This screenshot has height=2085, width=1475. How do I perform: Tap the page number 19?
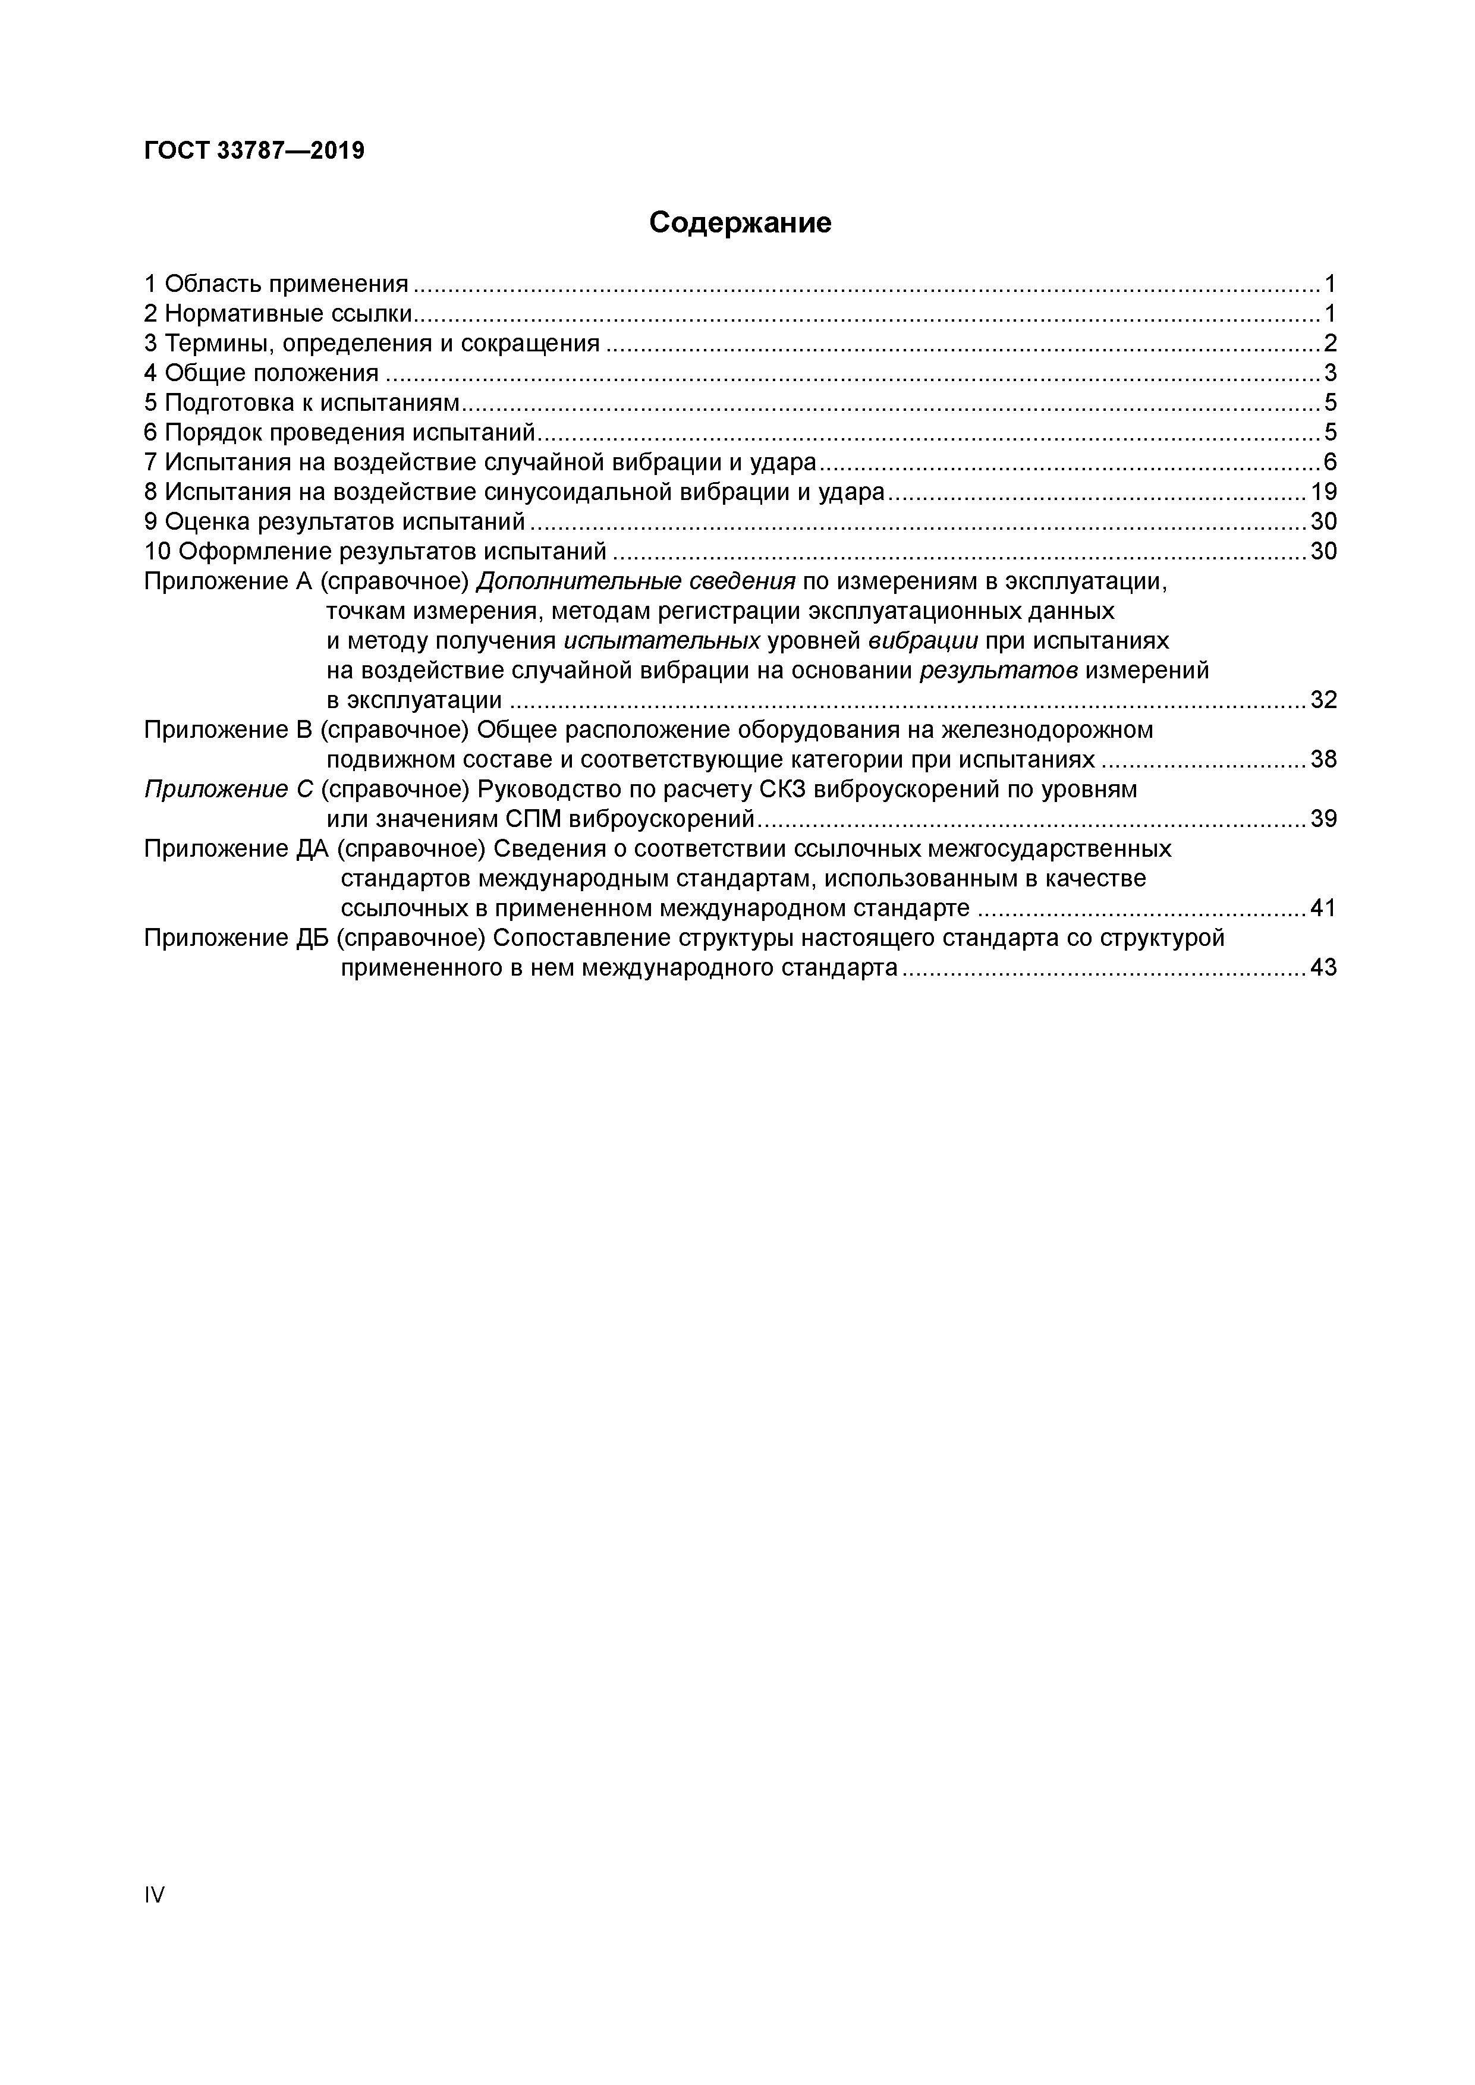pos(1323,492)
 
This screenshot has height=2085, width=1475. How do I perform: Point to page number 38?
pos(1323,759)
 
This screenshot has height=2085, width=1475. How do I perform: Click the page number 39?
pos(1323,819)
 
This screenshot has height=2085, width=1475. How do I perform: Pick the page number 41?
pos(1323,908)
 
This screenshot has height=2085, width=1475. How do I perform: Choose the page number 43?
pos(1323,968)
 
